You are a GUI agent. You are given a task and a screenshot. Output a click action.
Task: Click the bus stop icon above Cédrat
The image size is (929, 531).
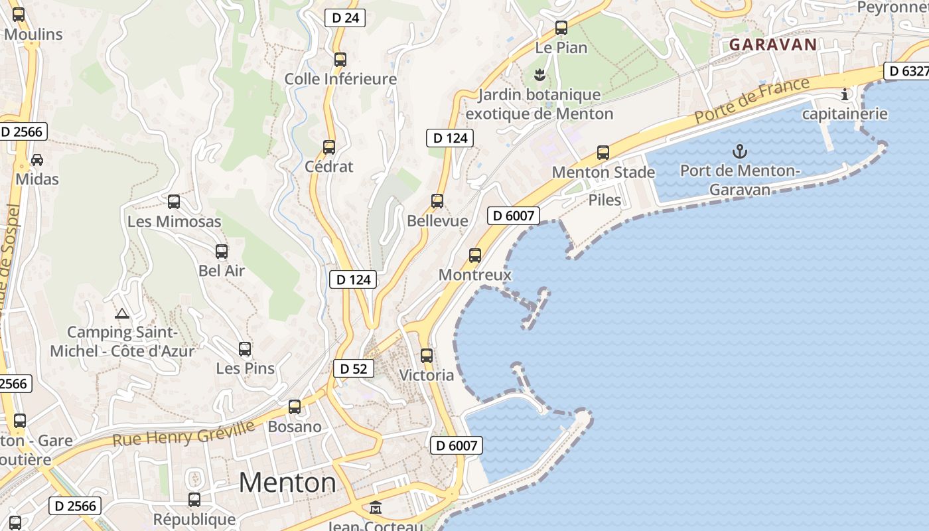(329, 147)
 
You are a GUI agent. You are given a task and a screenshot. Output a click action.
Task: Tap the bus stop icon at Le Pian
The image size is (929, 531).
(561, 28)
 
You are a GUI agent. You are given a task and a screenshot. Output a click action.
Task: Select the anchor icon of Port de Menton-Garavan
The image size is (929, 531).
(739, 151)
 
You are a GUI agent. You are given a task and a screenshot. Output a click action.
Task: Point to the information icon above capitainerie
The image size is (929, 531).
(845, 94)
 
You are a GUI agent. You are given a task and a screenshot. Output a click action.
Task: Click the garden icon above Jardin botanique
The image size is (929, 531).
(539, 74)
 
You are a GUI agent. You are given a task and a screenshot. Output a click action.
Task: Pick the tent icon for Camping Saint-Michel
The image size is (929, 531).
(121, 313)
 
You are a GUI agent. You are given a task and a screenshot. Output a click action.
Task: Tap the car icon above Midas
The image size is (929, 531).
(37, 160)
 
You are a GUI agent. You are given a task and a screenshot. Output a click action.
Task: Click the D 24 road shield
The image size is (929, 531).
(345, 18)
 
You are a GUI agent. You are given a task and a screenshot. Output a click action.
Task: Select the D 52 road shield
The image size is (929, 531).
(353, 368)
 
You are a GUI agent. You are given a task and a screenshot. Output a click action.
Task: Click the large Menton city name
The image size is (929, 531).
(287, 482)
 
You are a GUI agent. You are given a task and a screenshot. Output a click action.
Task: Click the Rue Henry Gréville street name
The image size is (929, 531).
(183, 433)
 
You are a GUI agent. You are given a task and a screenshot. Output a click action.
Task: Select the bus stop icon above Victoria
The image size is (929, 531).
(427, 355)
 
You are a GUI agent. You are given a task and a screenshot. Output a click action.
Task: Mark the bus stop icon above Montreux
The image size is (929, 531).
(475, 255)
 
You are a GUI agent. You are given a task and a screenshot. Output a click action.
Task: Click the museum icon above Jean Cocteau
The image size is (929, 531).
(376, 508)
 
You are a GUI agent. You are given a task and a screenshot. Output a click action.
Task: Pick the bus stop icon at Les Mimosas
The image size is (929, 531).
(174, 201)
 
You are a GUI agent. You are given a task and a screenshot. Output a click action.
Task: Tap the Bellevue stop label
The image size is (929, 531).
(437, 221)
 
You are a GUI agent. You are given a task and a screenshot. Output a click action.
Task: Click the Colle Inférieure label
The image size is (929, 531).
(340, 79)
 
